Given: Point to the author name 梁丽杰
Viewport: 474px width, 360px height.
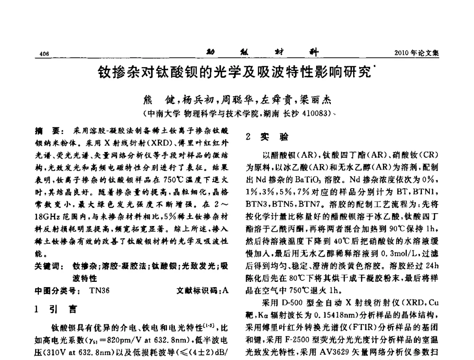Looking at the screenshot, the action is point(315,100).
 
